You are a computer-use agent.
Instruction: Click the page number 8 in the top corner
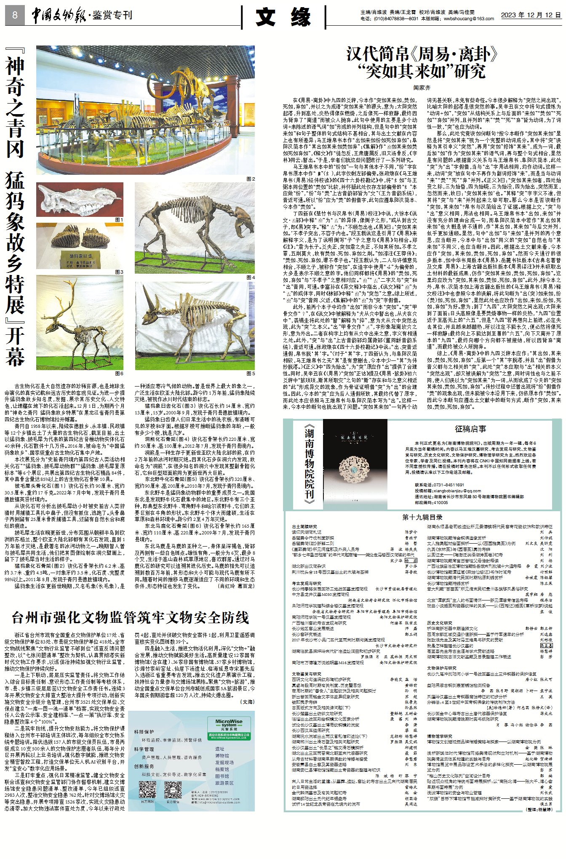tap(15, 16)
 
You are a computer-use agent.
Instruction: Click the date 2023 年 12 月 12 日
tap(531, 15)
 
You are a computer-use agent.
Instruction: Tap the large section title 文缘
tap(284, 17)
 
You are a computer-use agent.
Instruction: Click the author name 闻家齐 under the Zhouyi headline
tap(422, 88)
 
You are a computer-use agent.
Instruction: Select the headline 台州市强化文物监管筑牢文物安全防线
tap(131, 618)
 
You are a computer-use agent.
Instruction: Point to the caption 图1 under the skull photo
tap(119, 220)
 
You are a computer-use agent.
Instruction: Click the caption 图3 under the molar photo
tap(119, 272)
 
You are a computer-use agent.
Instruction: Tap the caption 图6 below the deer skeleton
tap(119, 373)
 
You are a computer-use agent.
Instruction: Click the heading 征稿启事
tap(470, 429)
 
